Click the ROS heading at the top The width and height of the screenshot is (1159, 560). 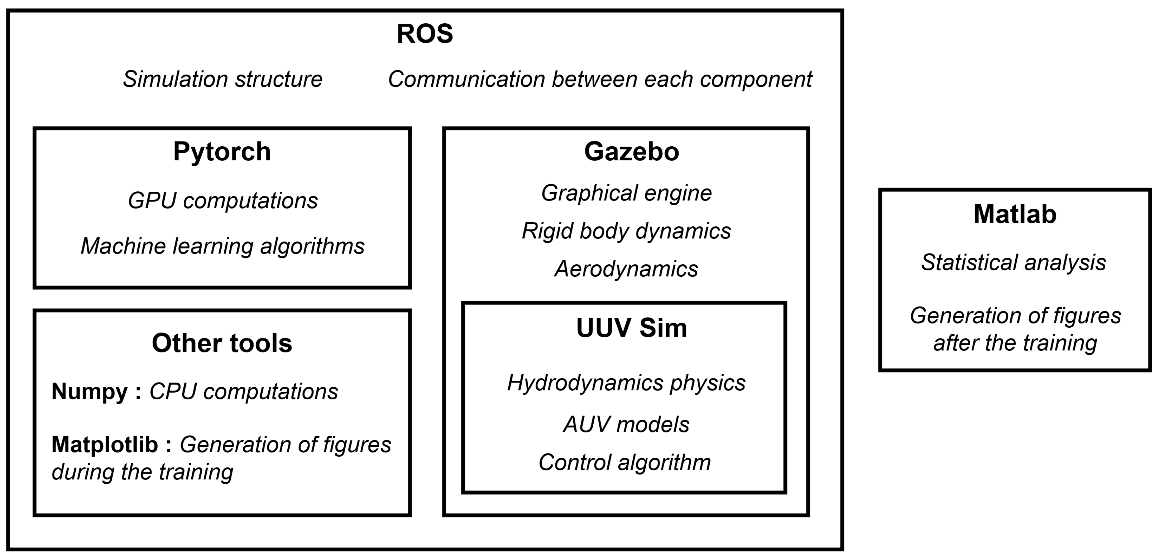click(425, 34)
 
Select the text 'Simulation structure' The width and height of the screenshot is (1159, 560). click(223, 79)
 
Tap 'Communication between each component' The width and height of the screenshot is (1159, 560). click(600, 79)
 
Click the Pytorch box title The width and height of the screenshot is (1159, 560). click(222, 151)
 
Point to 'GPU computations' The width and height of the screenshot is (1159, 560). click(223, 201)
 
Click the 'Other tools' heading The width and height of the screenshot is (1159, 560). click(222, 343)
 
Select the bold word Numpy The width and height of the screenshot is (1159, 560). click(90, 391)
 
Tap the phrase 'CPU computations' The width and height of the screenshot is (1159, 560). click(243, 391)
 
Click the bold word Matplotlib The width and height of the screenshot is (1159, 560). click(105, 445)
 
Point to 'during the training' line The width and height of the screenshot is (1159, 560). click(142, 472)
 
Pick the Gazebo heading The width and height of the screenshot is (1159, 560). click(631, 151)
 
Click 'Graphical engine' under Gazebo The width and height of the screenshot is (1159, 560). click(626, 193)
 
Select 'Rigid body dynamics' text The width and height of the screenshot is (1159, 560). click(626, 231)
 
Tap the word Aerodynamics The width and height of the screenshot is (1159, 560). click(626, 269)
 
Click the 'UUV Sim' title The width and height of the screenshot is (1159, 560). click(631, 328)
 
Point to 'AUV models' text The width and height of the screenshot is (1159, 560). click(626, 424)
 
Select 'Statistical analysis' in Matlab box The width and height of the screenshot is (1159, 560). click(1013, 262)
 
